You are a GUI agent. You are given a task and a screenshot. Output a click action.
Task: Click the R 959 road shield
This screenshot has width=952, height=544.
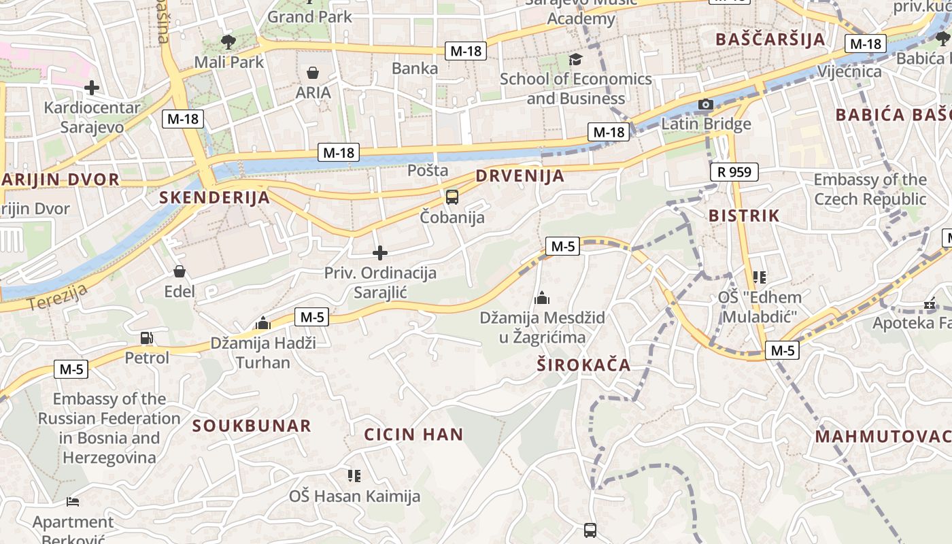point(734,172)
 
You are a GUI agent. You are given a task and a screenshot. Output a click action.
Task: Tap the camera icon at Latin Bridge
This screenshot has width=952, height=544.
point(706,104)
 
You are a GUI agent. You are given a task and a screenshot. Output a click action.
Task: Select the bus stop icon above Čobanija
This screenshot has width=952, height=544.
point(452,197)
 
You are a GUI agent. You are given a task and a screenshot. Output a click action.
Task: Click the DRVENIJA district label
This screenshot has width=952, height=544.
point(520,176)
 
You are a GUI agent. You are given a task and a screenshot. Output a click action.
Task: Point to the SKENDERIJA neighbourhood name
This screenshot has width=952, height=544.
point(214,198)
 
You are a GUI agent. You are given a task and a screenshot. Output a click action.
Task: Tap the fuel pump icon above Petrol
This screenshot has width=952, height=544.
point(146,337)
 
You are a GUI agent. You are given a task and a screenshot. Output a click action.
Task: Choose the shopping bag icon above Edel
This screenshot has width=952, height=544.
point(180,271)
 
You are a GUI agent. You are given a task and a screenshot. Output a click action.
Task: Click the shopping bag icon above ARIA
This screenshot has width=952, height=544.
point(313,72)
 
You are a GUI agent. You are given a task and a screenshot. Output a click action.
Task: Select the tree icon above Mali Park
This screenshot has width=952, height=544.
point(228,41)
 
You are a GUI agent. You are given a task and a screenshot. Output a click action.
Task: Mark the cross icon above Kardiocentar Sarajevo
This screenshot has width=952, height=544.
point(92,87)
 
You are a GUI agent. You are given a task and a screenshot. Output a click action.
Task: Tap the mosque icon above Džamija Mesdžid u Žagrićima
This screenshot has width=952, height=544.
point(542,297)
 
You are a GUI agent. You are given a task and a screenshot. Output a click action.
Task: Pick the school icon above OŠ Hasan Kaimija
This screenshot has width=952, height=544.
point(354,475)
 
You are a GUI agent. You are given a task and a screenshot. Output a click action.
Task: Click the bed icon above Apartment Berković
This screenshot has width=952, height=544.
point(73,502)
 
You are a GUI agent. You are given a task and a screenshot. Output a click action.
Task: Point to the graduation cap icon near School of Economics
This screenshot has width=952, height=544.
point(575,59)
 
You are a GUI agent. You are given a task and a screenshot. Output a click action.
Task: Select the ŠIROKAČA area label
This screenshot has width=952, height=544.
point(583,365)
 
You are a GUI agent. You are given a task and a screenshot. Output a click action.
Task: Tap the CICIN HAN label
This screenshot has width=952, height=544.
point(413,435)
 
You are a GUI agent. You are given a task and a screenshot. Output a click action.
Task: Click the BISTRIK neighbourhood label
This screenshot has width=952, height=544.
point(744,216)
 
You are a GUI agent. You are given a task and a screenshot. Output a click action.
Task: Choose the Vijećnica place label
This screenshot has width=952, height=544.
point(850,71)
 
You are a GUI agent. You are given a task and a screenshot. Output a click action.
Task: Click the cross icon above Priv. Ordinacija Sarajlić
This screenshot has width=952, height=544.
point(380,254)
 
